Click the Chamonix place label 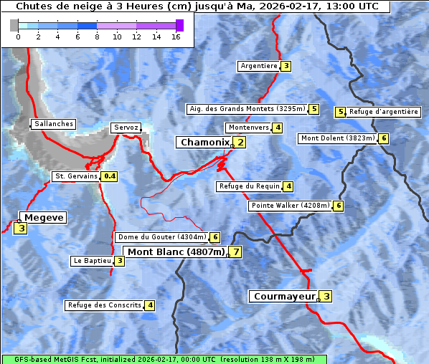point(204,143)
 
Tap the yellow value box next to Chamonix point(240,143)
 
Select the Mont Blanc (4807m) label point(176,252)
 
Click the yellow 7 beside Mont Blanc point(235,252)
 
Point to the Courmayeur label point(284,297)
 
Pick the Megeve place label point(43,218)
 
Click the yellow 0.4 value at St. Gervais point(110,176)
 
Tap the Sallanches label point(53,124)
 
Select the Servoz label point(126,128)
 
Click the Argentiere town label point(259,66)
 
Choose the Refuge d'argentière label point(383,112)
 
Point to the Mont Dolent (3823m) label point(338,138)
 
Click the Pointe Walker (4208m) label point(291,206)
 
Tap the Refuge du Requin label point(249,186)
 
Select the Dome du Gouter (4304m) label point(162,237)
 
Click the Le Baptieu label point(92,261)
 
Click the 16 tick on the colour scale point(176,37)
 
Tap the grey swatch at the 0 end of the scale point(14,25)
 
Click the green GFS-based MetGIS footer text point(164,359)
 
